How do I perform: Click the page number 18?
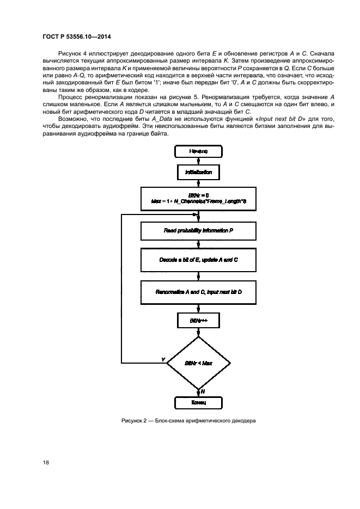click(x=46, y=462)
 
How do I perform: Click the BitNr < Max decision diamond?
click(x=198, y=363)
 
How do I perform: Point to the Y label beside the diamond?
click(x=163, y=359)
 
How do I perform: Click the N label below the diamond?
click(x=202, y=391)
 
